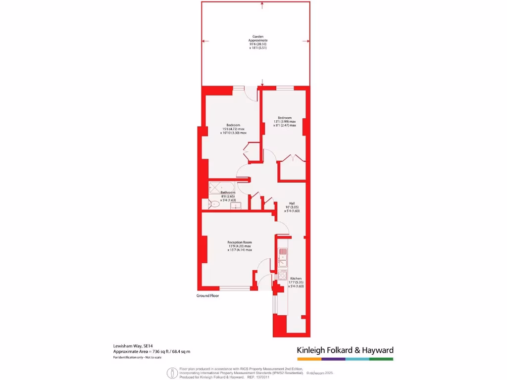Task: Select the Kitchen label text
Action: pyautogui.click(x=296, y=279)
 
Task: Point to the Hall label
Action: pyautogui.click(x=293, y=203)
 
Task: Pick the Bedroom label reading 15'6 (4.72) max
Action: pyautogui.click(x=233, y=129)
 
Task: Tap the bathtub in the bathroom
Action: pyautogui.click(x=217, y=187)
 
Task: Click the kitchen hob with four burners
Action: pyautogui.click(x=283, y=276)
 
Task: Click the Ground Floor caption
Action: pyautogui.click(x=207, y=295)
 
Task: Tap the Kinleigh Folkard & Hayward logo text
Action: pyautogui.click(x=345, y=350)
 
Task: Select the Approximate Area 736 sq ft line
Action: pyautogui.click(x=152, y=351)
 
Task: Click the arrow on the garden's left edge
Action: pyautogui.click(x=205, y=42)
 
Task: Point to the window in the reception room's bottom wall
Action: pyautogui.click(x=235, y=288)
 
